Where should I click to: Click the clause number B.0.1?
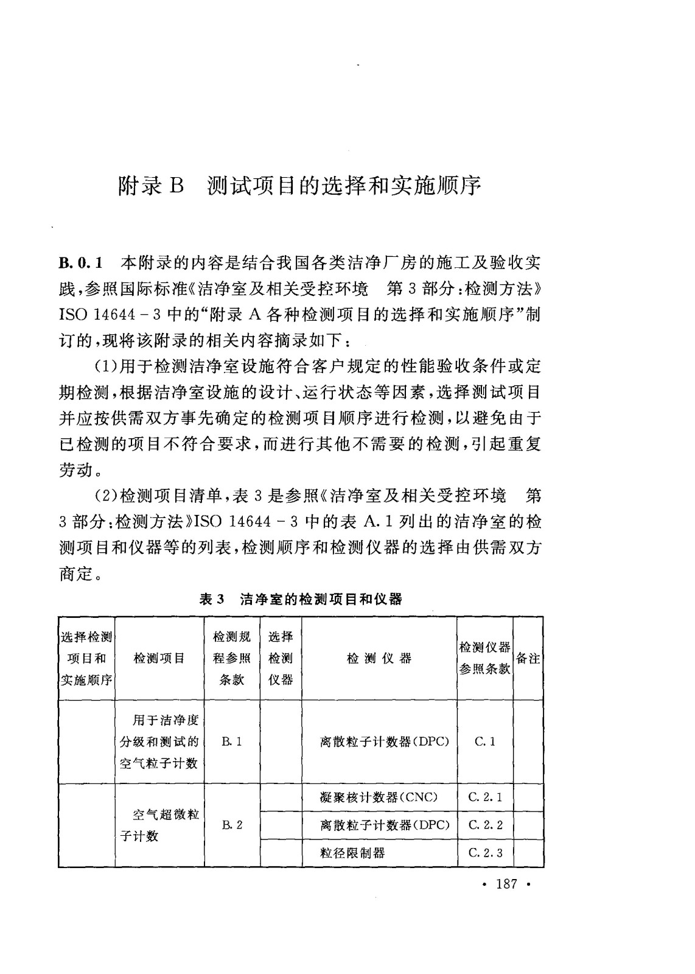82,264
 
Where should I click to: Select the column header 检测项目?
159,658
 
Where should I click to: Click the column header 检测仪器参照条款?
484,658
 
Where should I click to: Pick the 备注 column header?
528,658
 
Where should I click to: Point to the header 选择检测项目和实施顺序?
86,658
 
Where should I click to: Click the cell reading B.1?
232,741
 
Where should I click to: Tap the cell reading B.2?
232,825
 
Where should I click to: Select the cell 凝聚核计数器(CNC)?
379,797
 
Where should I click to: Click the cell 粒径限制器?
352,853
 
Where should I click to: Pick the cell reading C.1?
484,741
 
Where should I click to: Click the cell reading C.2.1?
485,797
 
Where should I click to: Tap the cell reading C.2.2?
485,825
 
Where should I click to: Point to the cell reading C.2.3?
485,853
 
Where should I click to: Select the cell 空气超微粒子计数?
159,825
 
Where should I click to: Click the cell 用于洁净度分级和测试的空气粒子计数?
159,741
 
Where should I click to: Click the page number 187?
506,884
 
